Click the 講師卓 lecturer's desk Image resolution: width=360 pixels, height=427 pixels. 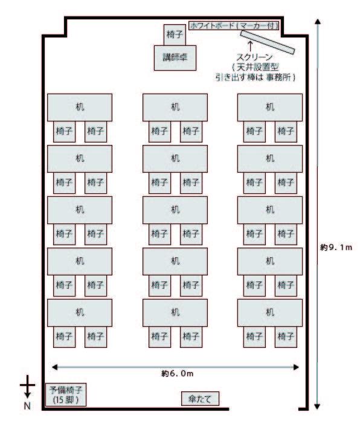pyautogui.click(x=175, y=58)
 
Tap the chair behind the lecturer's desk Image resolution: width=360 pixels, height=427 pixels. pyautogui.click(x=175, y=34)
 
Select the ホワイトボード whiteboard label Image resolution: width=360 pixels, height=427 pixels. pyautogui.click(x=234, y=25)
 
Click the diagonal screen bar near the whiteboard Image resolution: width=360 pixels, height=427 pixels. pyautogui.click(x=268, y=42)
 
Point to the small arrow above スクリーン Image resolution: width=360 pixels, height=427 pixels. pyautogui.click(x=250, y=46)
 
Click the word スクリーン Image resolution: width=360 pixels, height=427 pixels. pyautogui.click(x=255, y=57)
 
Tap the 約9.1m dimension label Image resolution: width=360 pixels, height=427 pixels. pyautogui.click(x=336, y=247)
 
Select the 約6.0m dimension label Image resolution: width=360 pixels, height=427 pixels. pyautogui.click(x=177, y=373)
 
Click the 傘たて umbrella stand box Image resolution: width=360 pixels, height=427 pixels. pyautogui.click(x=200, y=399)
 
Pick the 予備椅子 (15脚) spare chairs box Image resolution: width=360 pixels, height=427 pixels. pyautogui.click(x=66, y=394)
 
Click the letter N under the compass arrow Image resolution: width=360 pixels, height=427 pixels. pyautogui.click(x=27, y=406)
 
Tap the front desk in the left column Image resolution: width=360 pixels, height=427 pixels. pyautogui.click(x=80, y=108)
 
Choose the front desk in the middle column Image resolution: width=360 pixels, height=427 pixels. pyautogui.click(x=175, y=108)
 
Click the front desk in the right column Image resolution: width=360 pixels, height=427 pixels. pyautogui.click(x=270, y=108)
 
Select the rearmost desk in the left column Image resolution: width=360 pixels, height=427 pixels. pyautogui.click(x=80, y=313)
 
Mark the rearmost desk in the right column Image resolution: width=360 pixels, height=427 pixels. pyautogui.click(x=270, y=313)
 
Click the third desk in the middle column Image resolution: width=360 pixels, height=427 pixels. pyautogui.click(x=175, y=210)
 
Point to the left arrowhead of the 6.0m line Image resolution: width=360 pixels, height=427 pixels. pyautogui.click(x=54, y=367)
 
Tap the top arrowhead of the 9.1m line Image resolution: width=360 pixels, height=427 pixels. pyautogui.click(x=317, y=22)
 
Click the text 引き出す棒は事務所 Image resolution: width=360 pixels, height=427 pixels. pyautogui.click(x=255, y=77)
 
